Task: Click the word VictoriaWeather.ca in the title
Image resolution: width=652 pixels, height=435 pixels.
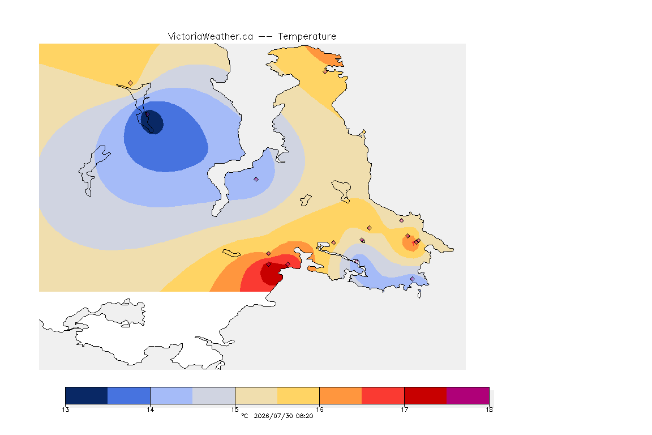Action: coord(211,37)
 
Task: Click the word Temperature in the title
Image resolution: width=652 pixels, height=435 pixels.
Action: coord(307,37)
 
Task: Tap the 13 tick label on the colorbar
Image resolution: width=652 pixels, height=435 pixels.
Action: coord(65,410)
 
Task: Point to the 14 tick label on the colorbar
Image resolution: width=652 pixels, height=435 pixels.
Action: coord(150,410)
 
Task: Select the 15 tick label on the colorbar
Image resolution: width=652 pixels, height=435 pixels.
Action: coord(235,410)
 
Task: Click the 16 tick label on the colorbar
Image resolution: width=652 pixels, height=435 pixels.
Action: coord(319,410)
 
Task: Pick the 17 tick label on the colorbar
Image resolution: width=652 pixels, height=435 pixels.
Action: coord(404,410)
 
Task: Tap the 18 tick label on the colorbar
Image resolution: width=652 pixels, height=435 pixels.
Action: coord(489,410)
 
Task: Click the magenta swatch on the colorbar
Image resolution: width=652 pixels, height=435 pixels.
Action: coord(468,395)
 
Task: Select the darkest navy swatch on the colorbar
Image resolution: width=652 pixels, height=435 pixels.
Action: coord(87,395)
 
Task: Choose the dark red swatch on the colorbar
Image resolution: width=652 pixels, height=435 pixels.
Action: coord(426,395)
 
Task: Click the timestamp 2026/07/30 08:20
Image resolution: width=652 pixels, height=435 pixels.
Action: coord(283,416)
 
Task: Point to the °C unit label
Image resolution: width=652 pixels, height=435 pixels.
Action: coord(244,416)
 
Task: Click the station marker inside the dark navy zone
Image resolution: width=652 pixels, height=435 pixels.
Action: coord(147,114)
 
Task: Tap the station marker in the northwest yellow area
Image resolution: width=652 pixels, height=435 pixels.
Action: coord(131,83)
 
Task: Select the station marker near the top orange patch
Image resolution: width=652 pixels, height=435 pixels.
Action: coord(325,71)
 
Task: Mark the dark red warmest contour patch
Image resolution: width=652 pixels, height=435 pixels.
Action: coord(271,275)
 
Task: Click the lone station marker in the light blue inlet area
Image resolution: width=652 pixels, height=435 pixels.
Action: coord(256,180)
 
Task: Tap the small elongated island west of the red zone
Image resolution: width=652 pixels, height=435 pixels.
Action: coord(231,253)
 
